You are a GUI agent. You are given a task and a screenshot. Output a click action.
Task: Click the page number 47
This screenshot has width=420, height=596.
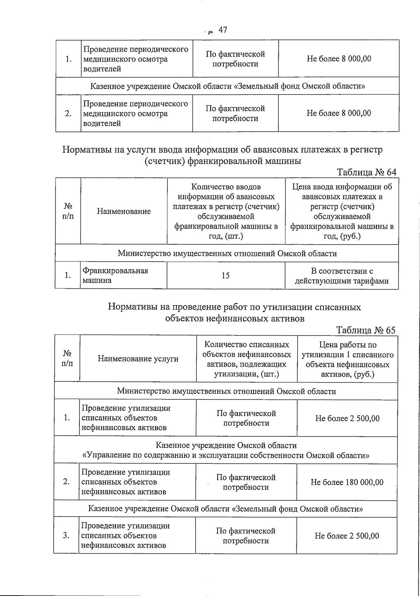223,30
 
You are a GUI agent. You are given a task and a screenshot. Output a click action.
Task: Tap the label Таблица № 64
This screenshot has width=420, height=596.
366,172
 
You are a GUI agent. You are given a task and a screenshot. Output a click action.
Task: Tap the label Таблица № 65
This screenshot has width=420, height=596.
366,330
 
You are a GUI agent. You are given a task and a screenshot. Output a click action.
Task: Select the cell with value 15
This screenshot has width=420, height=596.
226,276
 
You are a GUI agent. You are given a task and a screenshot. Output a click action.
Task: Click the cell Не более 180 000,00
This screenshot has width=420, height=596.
347,482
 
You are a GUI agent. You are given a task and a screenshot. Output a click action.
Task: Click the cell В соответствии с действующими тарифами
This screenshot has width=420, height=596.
342,276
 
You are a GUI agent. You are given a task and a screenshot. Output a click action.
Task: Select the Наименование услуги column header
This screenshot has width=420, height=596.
138,359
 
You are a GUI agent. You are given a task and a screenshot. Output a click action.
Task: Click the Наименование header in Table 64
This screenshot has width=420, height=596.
124,211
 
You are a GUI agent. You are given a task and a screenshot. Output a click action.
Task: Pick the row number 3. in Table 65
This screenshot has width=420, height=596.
66,535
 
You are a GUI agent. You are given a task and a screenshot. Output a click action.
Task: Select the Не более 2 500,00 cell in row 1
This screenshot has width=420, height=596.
347,419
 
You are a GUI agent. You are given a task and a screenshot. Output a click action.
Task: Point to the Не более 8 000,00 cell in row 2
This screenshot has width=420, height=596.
339,113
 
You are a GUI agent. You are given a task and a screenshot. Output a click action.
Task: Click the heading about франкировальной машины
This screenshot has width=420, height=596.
223,155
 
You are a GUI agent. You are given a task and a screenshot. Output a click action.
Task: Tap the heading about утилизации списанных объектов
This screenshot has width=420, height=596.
234,313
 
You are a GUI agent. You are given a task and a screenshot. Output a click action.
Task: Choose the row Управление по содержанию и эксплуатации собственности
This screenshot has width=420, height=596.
225,450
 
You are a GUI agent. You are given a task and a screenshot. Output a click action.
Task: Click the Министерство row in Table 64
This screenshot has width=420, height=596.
227,253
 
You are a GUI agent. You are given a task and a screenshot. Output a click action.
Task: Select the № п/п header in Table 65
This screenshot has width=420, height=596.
67,359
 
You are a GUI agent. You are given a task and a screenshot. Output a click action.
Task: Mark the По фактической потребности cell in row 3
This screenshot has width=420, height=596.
246,536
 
